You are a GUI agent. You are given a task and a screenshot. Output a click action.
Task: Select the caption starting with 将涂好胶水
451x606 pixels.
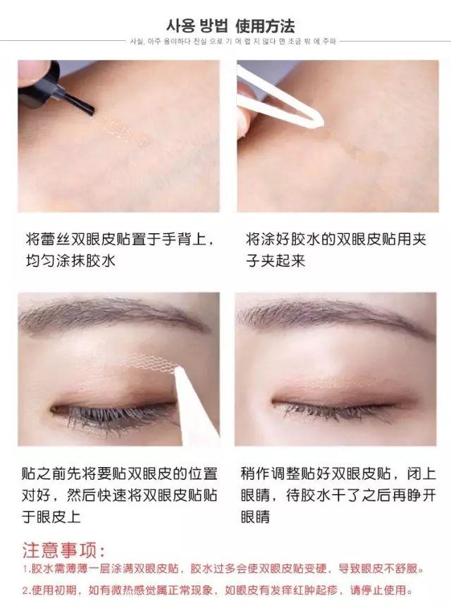[335, 249]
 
